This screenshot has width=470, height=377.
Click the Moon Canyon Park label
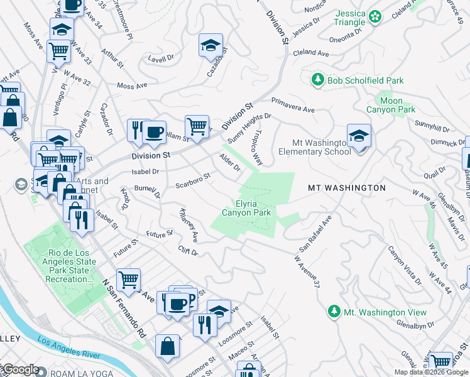[391, 105]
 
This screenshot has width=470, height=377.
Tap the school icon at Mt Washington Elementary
[359, 136]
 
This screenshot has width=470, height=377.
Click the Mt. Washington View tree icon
[334, 312]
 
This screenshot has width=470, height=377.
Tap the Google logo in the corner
[20, 369]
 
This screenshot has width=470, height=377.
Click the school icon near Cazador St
[211, 46]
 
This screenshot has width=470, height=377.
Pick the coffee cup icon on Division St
[154, 132]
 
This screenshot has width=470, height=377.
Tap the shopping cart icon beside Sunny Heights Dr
[197, 127]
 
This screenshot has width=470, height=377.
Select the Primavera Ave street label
[293, 105]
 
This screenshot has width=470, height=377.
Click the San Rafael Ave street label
[315, 234]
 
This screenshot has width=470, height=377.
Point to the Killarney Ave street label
[189, 226]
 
